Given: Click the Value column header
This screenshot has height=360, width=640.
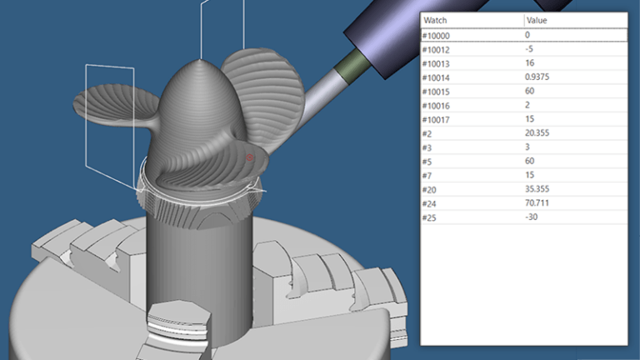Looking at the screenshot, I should click(x=537, y=20).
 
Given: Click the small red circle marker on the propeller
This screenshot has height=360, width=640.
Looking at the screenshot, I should click(x=249, y=157).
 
